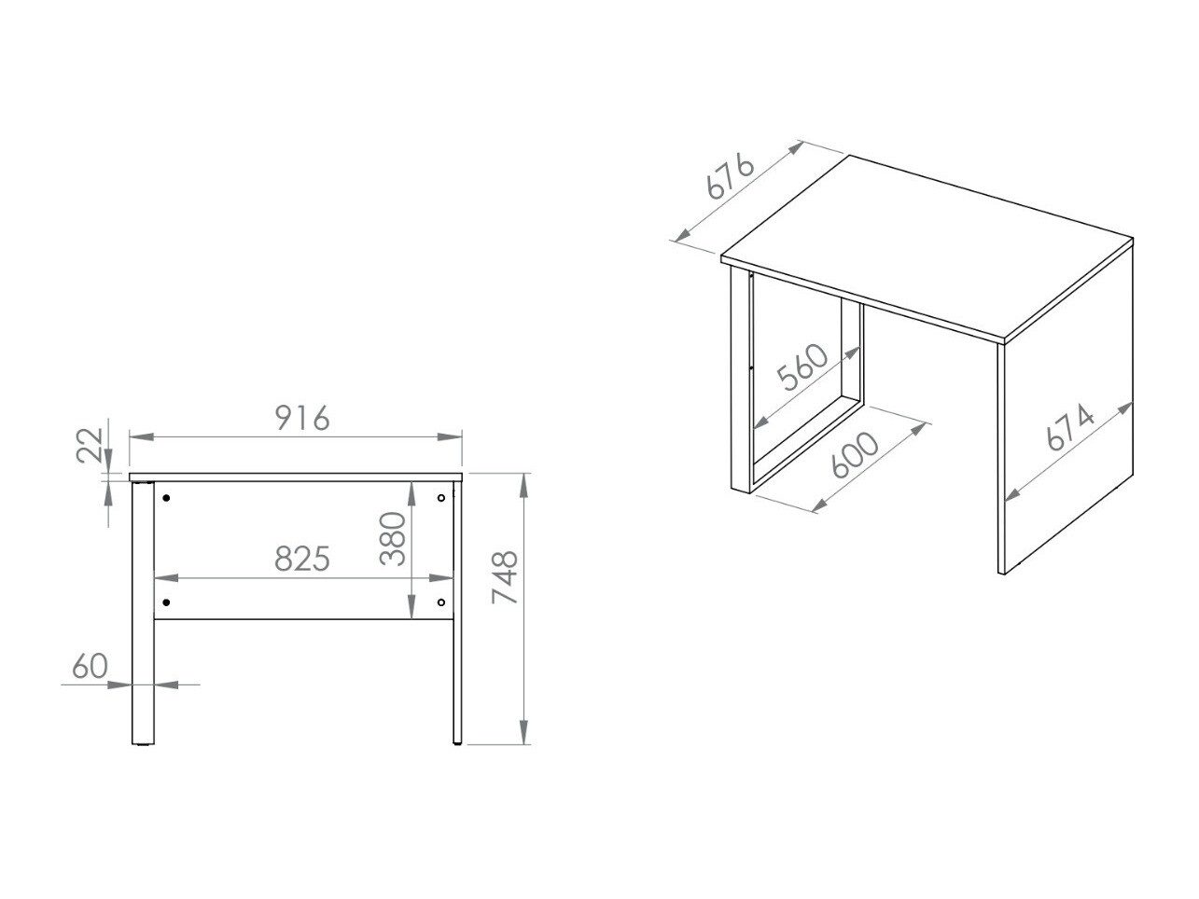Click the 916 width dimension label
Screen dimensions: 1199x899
(x=302, y=419)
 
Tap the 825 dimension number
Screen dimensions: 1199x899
(x=302, y=559)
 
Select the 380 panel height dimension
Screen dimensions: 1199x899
(x=393, y=539)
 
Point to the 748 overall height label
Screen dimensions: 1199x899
(x=505, y=577)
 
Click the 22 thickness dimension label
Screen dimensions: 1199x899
(x=90, y=446)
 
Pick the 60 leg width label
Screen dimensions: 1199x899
(x=91, y=666)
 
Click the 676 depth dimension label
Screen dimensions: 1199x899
(x=731, y=176)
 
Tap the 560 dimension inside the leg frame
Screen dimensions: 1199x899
(x=802, y=367)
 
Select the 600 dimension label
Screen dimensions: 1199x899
(x=854, y=455)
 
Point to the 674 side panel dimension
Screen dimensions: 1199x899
(x=1070, y=427)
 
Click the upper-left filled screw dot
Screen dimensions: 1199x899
(x=167, y=498)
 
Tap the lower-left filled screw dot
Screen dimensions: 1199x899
(x=167, y=602)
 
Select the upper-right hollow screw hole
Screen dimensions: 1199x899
(x=441, y=498)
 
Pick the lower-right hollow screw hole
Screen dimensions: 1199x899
(x=441, y=602)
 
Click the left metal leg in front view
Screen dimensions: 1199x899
(x=143, y=613)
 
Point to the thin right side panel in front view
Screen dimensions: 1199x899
(x=457, y=613)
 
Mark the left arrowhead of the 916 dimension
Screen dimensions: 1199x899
(x=142, y=436)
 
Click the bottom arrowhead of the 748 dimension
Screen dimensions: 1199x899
(x=523, y=732)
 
